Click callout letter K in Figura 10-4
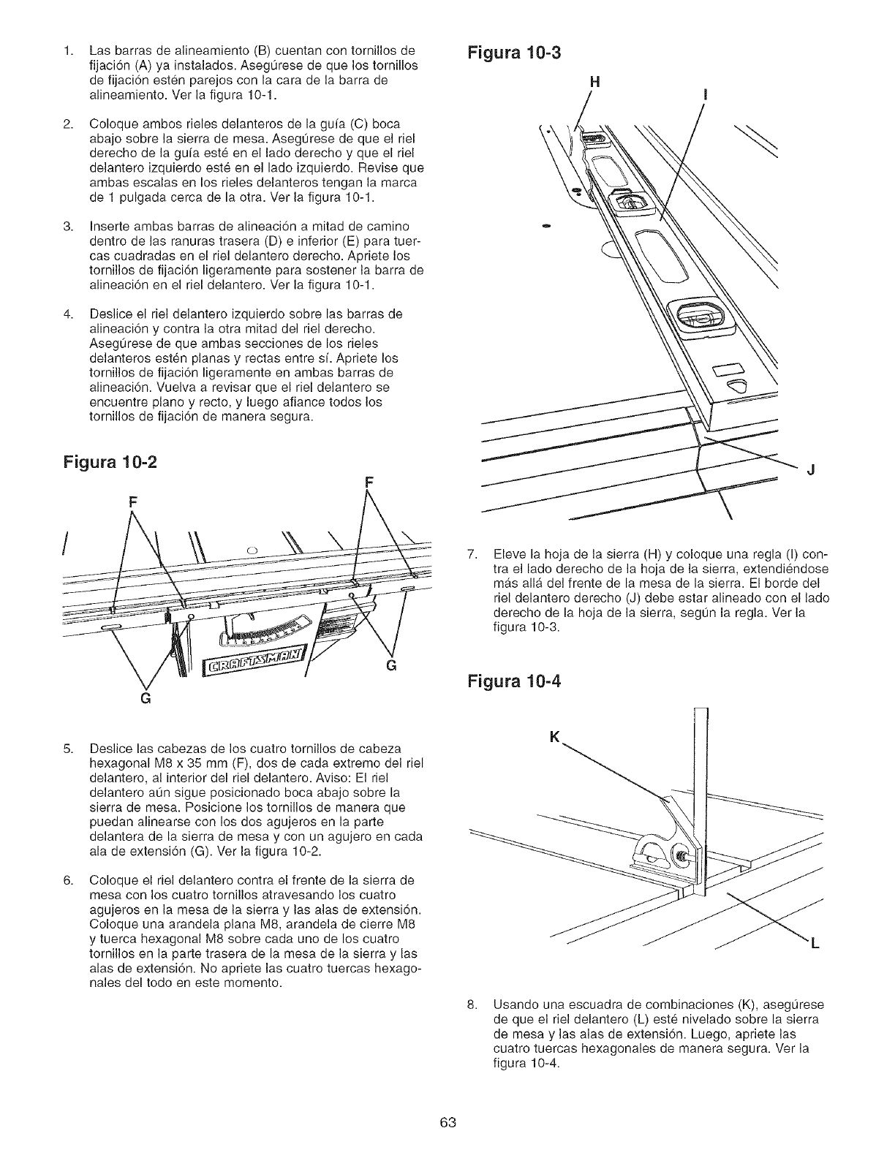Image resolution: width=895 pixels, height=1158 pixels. (562, 738)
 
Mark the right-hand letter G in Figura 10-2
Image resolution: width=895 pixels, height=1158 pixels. (390, 665)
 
